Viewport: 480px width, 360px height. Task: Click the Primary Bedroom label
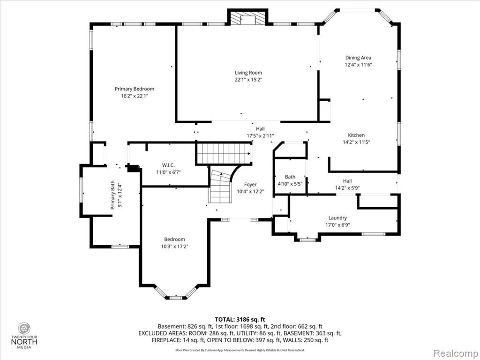click(135, 89)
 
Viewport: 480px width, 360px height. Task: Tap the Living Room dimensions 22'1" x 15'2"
click(248, 80)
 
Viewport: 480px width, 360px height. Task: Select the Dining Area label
click(358, 58)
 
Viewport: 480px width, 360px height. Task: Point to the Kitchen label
click(356, 135)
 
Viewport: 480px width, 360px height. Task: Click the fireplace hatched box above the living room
click(247, 19)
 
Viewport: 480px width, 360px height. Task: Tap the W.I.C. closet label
click(168, 165)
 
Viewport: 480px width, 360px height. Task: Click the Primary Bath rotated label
click(113, 195)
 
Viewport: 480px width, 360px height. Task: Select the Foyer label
click(250, 185)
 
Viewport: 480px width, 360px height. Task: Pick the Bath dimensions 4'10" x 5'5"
click(290, 184)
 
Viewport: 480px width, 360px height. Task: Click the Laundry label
click(337, 217)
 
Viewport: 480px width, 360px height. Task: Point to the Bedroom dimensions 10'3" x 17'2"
click(174, 247)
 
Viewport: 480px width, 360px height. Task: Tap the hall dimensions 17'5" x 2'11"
click(260, 136)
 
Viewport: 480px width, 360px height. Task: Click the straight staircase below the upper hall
click(224, 154)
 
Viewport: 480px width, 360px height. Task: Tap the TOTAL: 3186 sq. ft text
click(240, 320)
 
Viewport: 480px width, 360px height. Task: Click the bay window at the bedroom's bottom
click(175, 292)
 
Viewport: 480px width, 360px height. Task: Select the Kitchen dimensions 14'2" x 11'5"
click(356, 142)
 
